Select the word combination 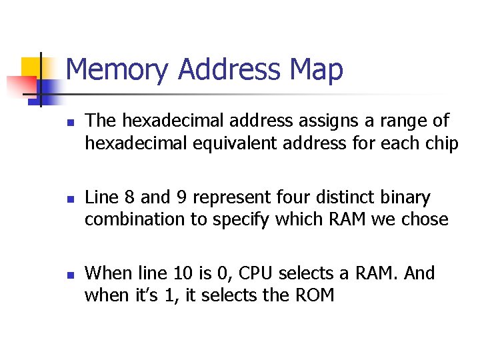pyautogui.click(x=136, y=219)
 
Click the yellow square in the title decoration pyautogui.click(x=31, y=67)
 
